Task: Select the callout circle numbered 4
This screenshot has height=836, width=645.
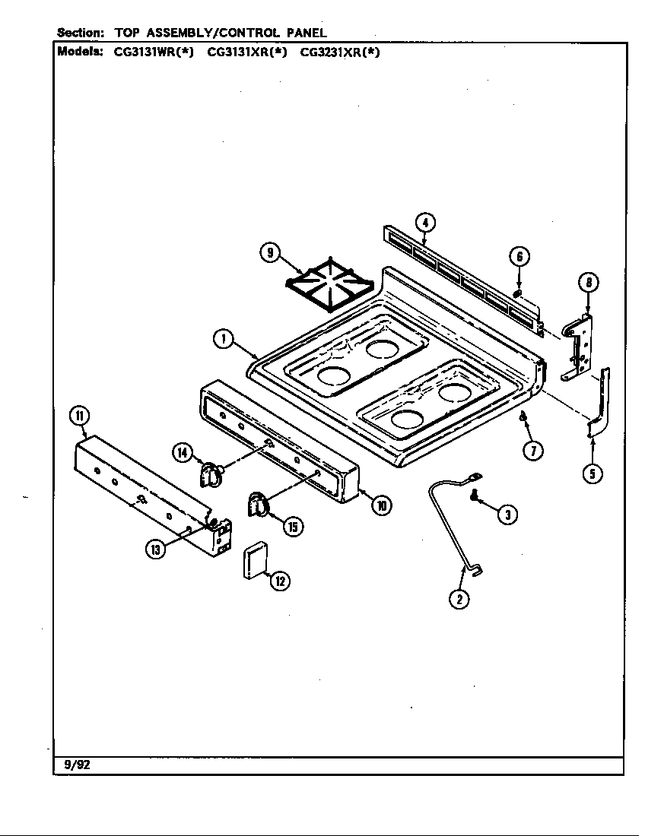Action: pyautogui.click(x=426, y=222)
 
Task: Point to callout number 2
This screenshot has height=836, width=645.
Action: pyautogui.click(x=458, y=599)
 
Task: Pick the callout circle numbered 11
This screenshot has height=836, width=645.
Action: pyautogui.click(x=78, y=415)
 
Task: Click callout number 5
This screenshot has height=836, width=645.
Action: pyautogui.click(x=593, y=473)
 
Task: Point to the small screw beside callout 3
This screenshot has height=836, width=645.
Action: pyautogui.click(x=475, y=497)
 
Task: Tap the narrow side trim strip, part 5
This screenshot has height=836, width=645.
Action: pyautogui.click(x=601, y=403)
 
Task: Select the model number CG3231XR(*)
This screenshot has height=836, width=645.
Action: pyautogui.click(x=339, y=52)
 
